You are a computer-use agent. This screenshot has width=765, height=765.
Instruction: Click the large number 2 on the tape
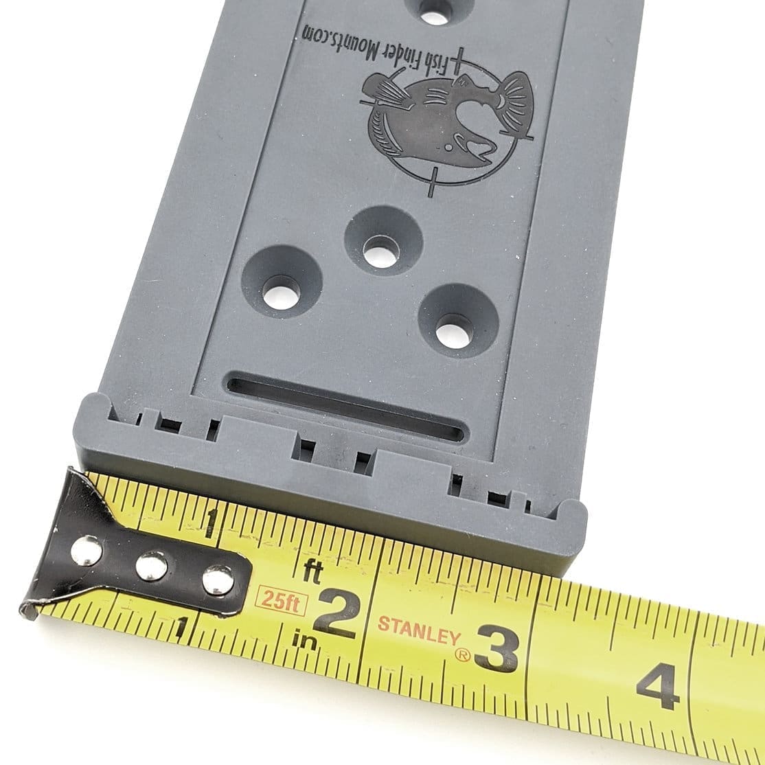[x=336, y=614]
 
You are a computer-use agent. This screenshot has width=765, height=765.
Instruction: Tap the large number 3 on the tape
[x=496, y=647]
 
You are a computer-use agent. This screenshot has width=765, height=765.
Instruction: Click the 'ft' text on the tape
[x=312, y=571]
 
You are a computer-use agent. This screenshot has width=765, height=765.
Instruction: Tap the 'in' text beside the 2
[x=304, y=640]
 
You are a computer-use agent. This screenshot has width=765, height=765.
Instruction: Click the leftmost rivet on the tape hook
[x=87, y=551]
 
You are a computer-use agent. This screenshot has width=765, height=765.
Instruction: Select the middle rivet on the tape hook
[x=151, y=567]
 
